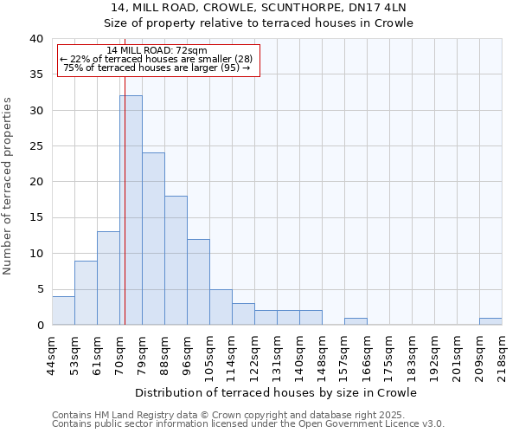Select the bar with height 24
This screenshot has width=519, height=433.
153,239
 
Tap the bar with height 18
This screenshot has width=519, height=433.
176,260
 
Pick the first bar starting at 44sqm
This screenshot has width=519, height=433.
63,311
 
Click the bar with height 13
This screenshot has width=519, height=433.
108,278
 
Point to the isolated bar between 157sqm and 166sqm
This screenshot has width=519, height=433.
356,321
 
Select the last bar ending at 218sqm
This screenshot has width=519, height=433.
490,321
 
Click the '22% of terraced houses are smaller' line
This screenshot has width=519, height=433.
157,59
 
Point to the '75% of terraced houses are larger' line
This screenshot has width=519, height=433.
157,68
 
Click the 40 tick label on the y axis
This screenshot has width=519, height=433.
35,39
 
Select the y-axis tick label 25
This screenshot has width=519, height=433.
35,146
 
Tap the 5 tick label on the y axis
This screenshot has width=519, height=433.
40,289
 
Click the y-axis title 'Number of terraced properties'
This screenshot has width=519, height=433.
9,185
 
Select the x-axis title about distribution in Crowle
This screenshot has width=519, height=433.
277,392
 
